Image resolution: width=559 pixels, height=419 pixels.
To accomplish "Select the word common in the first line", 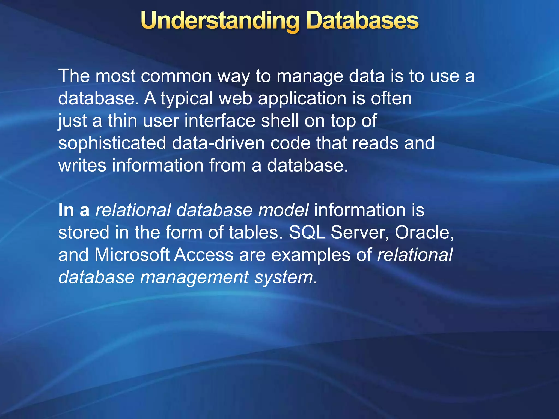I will point(176,76).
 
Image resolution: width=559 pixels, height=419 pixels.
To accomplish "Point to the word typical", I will point(187,99).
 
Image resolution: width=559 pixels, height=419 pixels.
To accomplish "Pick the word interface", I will point(220,121).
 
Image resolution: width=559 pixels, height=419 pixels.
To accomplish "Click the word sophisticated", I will point(112,144).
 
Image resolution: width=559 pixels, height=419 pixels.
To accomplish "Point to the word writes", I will point(82,166).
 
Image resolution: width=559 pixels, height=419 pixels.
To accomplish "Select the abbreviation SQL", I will point(307,233).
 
